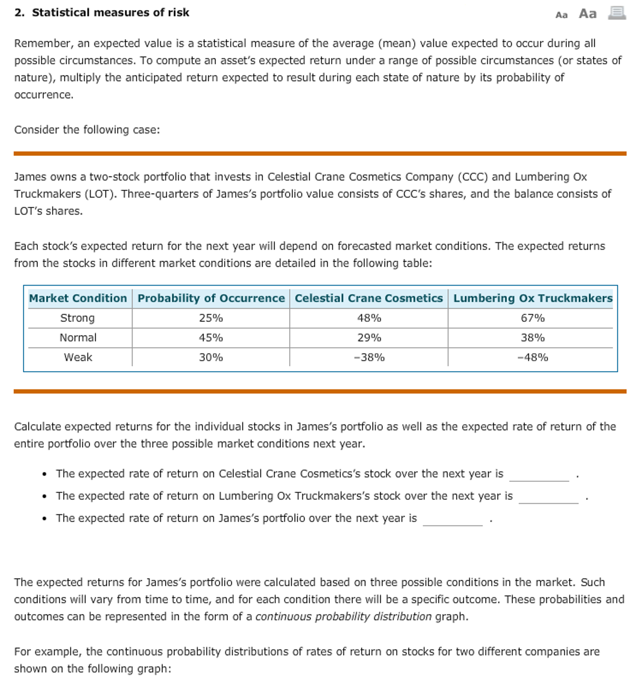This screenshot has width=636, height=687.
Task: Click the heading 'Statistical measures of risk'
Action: tap(110, 13)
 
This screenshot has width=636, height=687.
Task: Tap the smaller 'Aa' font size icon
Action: tap(561, 15)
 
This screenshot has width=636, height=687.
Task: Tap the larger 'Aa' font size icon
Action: tap(587, 14)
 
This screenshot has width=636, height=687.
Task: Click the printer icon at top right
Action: tap(617, 13)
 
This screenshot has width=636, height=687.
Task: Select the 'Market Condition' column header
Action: tap(78, 298)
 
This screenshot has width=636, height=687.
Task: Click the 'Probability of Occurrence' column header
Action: tap(211, 298)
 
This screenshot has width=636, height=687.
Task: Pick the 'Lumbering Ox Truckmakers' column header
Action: tap(533, 298)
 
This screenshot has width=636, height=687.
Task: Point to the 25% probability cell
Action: tap(211, 318)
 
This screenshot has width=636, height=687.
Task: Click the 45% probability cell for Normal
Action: tap(211, 338)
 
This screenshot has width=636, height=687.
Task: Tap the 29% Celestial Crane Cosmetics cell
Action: tap(369, 338)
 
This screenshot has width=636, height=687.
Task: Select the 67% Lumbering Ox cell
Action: tap(533, 318)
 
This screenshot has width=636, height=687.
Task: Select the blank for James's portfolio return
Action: tap(453, 520)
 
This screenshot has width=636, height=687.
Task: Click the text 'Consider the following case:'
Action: tap(87, 130)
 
